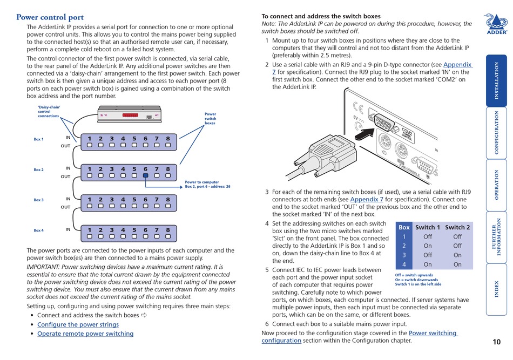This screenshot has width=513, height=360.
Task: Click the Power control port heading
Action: [50, 17]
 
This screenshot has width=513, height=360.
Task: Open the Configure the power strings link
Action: [78, 324]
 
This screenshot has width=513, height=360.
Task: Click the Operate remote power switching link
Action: [85, 334]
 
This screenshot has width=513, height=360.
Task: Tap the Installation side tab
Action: [496, 80]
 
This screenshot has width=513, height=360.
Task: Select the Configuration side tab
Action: [496, 132]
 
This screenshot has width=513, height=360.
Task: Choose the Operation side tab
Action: [496, 184]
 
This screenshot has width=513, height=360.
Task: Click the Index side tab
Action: [496, 289]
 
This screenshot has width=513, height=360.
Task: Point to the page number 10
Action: [496, 341]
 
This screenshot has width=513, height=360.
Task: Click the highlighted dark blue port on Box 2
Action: [145, 175]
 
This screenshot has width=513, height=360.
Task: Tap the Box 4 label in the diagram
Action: [38, 230]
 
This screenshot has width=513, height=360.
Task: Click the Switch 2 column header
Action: [457, 227]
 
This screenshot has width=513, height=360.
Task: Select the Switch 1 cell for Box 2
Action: [428, 246]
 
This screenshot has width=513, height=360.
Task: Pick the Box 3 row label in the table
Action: [403, 255]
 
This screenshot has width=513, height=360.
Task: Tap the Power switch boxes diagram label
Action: [210, 119]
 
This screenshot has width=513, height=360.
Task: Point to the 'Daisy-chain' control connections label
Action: [49, 111]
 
